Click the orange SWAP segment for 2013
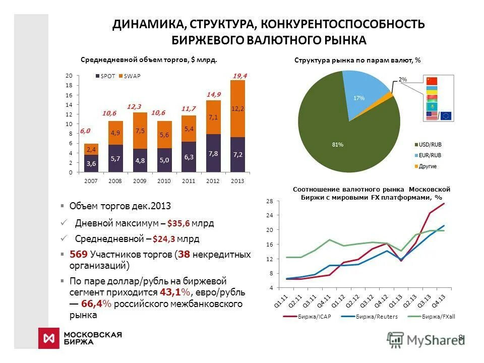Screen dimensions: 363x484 [237, 108]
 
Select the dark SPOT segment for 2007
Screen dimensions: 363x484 [91, 163]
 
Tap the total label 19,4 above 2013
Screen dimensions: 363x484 [240, 76]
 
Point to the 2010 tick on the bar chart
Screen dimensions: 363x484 [164, 180]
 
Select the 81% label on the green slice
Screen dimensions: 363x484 [337, 145]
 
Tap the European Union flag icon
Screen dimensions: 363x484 [446, 116]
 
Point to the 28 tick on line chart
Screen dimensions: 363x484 [269, 201]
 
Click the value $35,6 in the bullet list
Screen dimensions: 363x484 [179, 223]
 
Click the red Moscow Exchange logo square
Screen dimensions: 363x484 [49, 338]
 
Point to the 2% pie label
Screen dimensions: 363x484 [402, 80]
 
